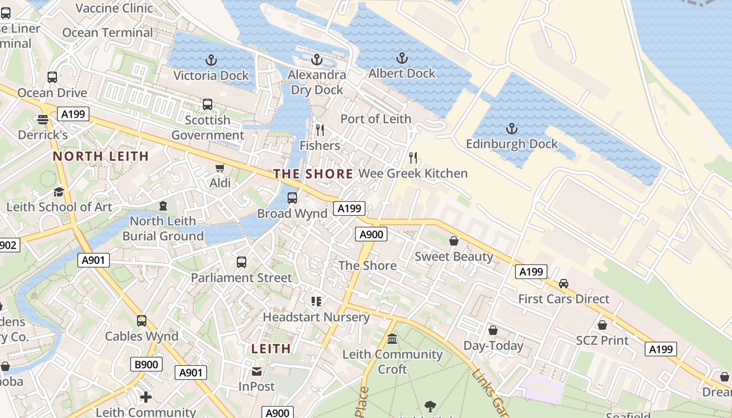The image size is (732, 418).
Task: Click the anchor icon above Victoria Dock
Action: click(211, 60)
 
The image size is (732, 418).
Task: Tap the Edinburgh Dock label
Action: click(512, 144)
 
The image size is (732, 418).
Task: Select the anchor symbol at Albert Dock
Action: click(402, 58)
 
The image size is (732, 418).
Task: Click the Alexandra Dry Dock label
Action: click(317, 83)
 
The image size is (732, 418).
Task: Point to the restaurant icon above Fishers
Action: click(320, 130)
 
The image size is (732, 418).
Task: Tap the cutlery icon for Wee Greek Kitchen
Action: click(413, 157)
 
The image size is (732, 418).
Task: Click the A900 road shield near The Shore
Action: click(372, 234)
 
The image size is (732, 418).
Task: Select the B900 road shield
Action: click(146, 364)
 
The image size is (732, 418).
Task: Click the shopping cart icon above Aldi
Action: click(220, 168)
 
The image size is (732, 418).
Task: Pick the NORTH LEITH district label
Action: click(101, 156)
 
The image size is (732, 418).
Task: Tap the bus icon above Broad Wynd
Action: click(292, 198)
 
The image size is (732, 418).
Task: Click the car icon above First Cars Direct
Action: click(564, 283)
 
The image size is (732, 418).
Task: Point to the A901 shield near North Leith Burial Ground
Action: click(94, 260)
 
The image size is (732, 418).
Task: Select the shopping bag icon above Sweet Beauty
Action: click(454, 241)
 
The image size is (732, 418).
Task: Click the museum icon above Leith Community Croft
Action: click(392, 339)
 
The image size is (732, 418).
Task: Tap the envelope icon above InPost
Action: click(257, 371)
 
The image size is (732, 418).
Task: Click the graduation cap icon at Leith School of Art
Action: click(59, 192)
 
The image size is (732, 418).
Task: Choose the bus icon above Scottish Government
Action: click(208, 104)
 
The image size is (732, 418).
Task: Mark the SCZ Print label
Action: click(602, 341)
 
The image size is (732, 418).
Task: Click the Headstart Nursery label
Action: click(316, 317)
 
